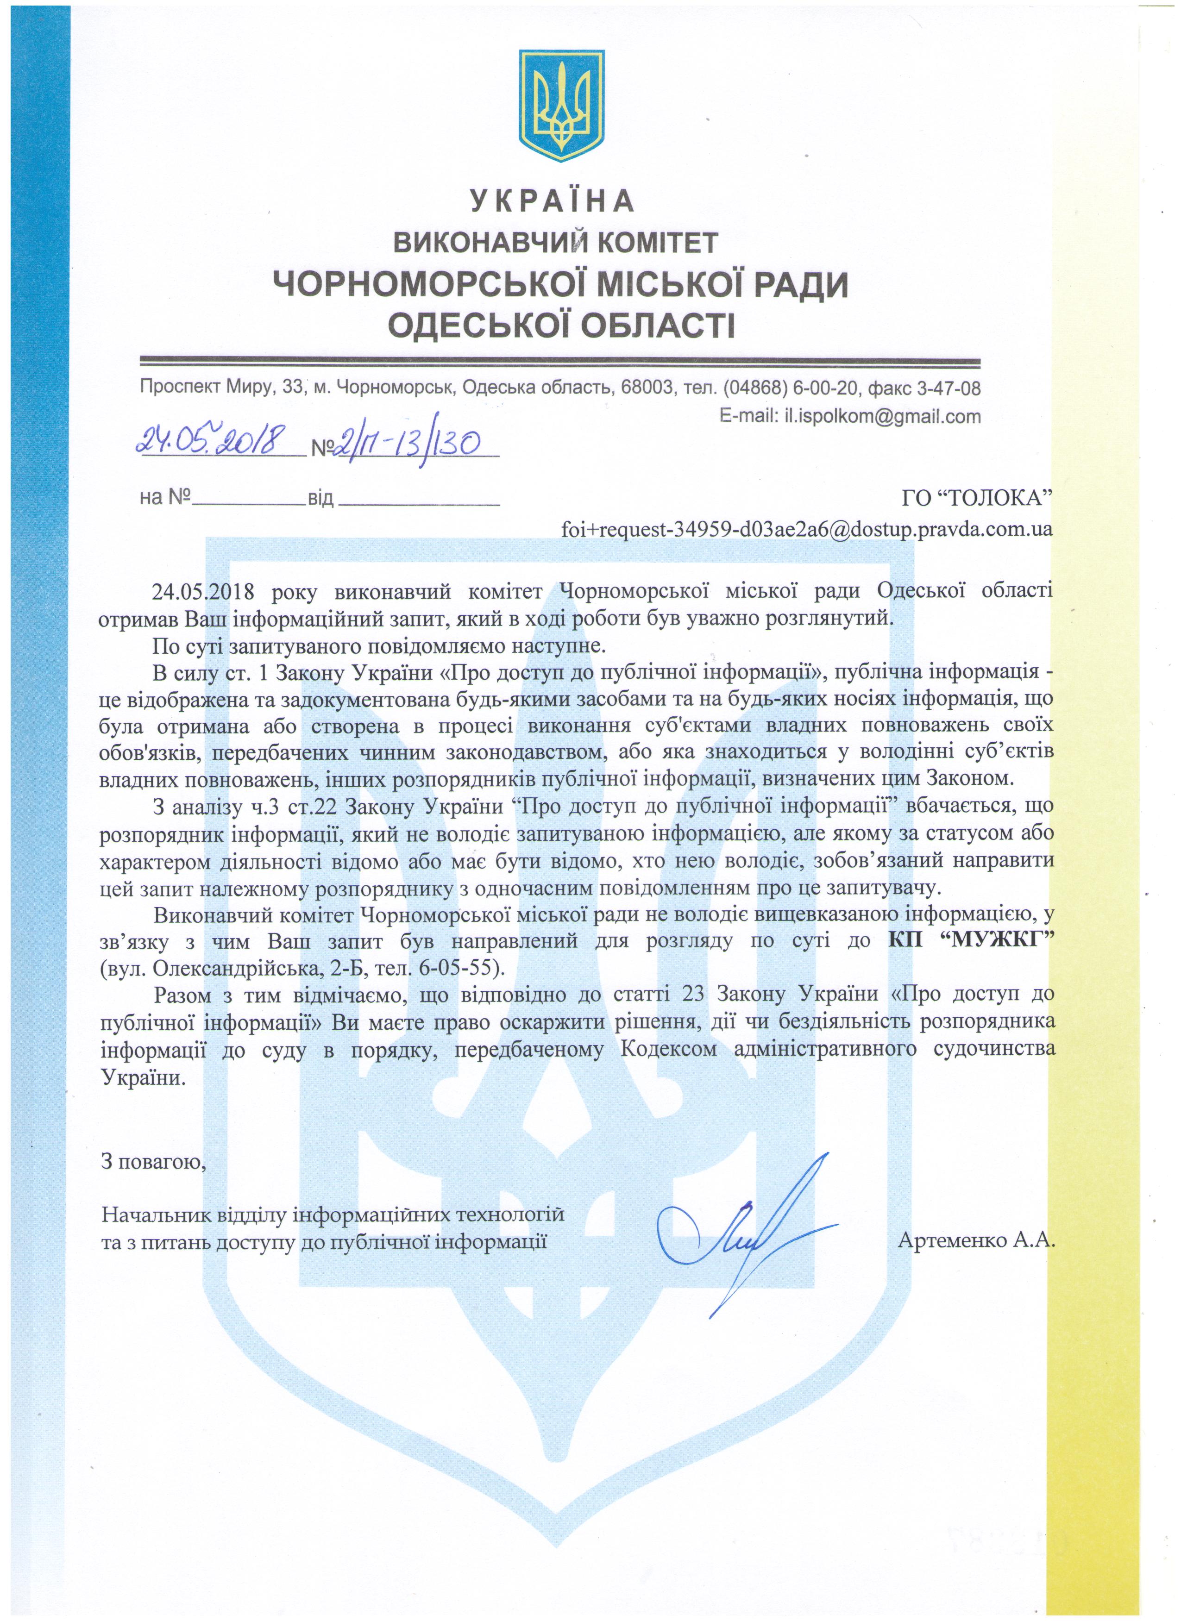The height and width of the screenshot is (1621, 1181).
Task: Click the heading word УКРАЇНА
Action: (551, 201)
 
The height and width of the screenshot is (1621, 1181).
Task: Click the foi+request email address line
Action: (806, 530)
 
